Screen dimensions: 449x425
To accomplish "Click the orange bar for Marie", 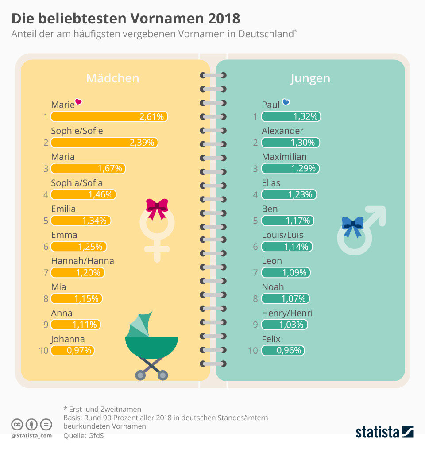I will click(x=109, y=117).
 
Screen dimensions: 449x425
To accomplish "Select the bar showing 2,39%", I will click(x=104, y=143).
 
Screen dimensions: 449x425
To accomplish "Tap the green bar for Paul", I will click(x=291, y=117).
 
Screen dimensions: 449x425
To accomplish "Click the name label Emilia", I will click(x=63, y=209).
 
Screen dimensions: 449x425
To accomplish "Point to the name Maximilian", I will click(x=284, y=157).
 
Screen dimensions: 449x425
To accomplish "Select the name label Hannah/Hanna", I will click(x=82, y=261).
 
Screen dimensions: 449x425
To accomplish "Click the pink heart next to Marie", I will click(x=79, y=102).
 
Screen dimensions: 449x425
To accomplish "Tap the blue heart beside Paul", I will click(x=286, y=102).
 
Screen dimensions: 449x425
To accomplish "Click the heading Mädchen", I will click(x=112, y=78).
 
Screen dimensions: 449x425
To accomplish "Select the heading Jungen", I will click(x=310, y=78).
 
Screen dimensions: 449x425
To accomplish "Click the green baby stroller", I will click(x=152, y=345).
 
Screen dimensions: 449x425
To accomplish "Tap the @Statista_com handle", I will click(x=31, y=436).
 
